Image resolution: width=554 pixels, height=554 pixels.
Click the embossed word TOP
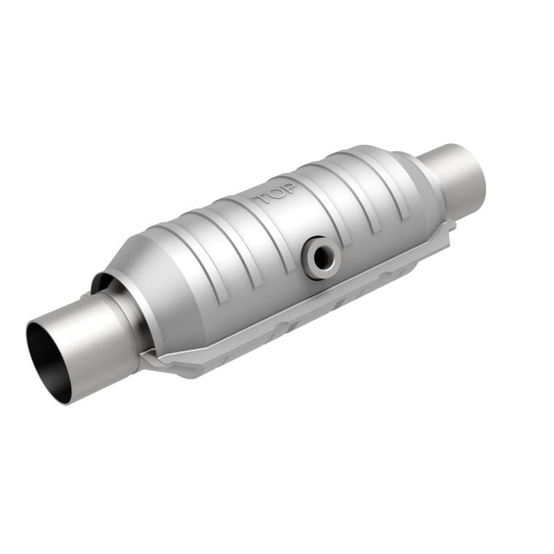click(276, 193)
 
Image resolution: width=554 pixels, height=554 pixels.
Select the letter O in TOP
click(276, 194)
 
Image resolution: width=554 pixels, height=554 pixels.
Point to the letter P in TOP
click(289, 188)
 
